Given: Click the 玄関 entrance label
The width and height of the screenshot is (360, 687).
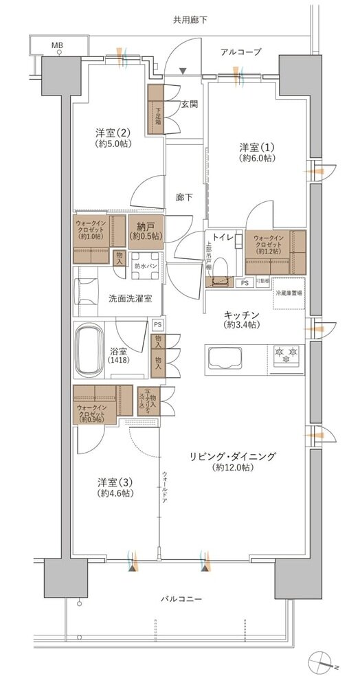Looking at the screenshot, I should tap(189, 104).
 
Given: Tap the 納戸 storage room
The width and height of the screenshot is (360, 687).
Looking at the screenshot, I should tap(146, 229).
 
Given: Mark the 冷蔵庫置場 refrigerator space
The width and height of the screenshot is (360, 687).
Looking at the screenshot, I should tap(287, 291).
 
